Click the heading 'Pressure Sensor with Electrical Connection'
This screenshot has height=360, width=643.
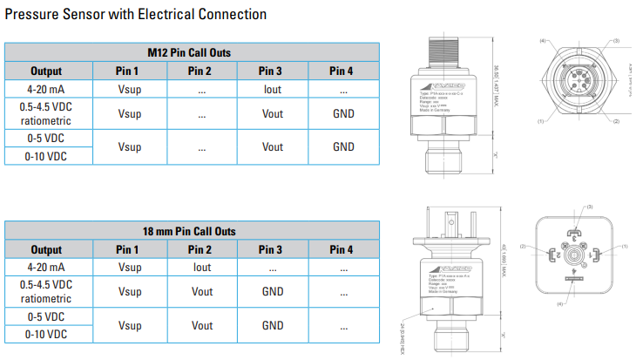(x=136, y=15)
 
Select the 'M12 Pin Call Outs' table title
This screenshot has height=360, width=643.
(x=192, y=53)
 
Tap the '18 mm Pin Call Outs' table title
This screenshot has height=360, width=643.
(x=192, y=231)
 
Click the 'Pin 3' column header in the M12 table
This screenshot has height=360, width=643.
(x=273, y=71)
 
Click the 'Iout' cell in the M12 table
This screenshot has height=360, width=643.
(x=273, y=89)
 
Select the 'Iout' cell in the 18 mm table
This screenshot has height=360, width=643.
(x=201, y=267)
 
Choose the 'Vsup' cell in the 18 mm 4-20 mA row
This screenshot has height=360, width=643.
(x=129, y=267)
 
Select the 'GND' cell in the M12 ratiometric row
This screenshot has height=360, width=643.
(x=343, y=113)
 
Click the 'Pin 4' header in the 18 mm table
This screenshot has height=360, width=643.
(x=343, y=249)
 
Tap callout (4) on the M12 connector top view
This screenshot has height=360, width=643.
(x=542, y=41)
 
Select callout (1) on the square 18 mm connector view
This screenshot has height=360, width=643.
(x=625, y=248)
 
